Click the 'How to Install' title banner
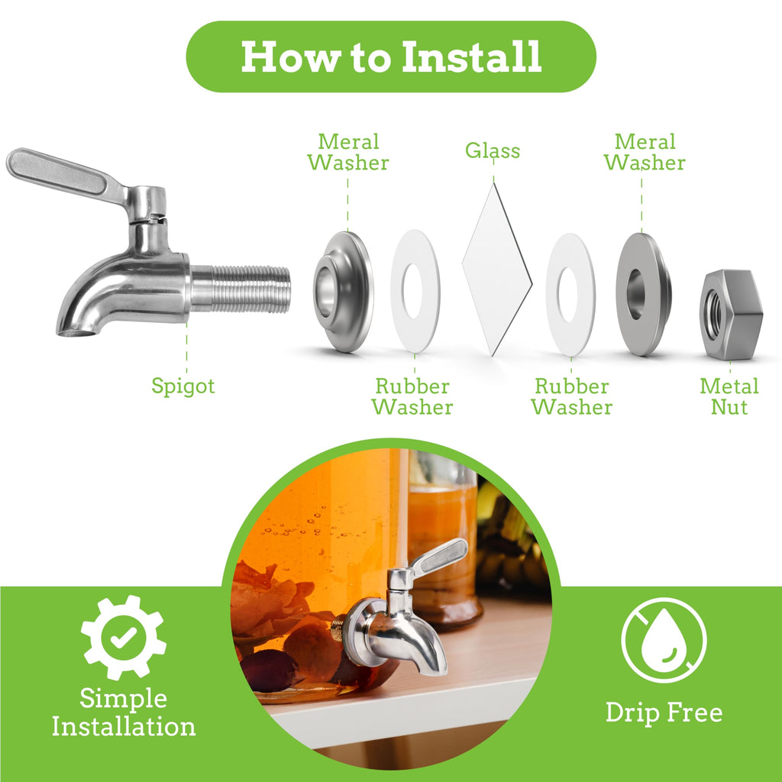(x=391, y=57)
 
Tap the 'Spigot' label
(x=183, y=386)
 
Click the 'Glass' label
(x=493, y=150)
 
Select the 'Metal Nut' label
(x=729, y=396)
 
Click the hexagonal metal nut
(x=731, y=314)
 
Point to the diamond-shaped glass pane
(x=497, y=270)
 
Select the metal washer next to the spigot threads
(x=344, y=292)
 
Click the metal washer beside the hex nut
(x=643, y=294)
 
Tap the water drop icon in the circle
(x=664, y=640)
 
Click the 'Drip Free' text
(x=664, y=713)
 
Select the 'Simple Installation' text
(x=124, y=713)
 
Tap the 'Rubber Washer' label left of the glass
(x=412, y=396)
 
